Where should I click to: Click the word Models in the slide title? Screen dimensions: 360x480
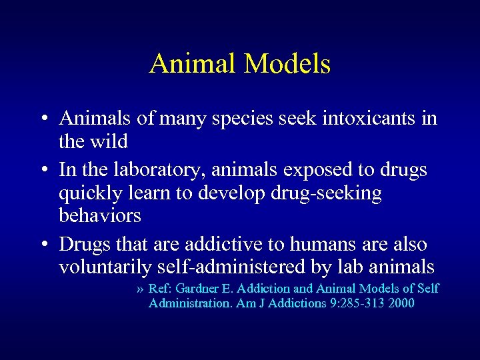(288, 64)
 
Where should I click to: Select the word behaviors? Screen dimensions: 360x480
(100, 215)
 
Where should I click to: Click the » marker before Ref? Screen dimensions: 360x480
(139, 289)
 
